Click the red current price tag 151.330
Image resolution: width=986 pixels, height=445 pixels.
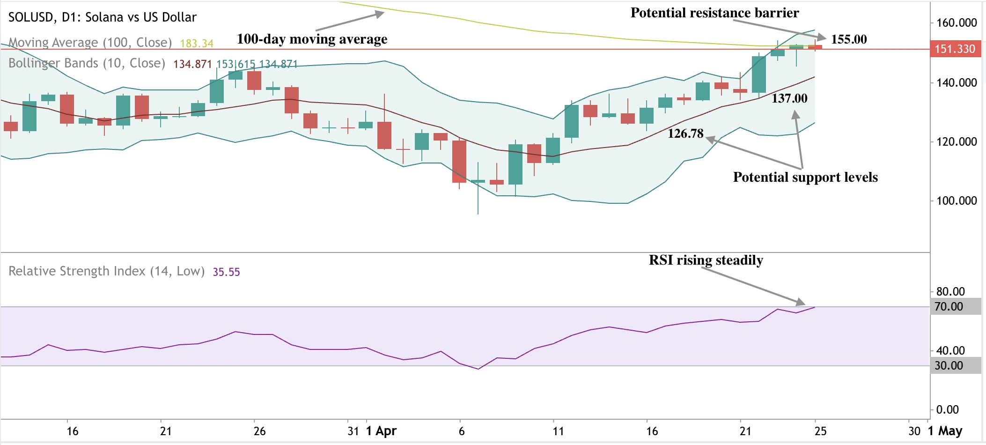click(954, 49)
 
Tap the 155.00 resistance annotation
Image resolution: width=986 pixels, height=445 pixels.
click(849, 39)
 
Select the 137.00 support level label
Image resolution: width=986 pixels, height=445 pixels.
click(789, 98)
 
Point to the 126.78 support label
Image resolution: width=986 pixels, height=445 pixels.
click(685, 133)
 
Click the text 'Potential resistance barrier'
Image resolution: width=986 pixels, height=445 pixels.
click(714, 13)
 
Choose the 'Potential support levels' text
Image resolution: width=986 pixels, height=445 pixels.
click(805, 177)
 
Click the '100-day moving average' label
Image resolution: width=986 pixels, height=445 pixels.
click(312, 39)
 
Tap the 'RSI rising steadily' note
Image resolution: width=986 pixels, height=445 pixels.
click(706, 260)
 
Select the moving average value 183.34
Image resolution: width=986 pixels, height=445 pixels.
click(197, 44)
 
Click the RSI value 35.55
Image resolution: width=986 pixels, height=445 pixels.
click(226, 272)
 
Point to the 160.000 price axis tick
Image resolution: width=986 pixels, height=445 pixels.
click(956, 22)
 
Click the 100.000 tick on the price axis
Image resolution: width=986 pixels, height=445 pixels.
click(956, 200)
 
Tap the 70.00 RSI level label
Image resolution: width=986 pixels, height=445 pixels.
click(949, 307)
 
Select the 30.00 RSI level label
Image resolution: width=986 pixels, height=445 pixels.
click(949, 366)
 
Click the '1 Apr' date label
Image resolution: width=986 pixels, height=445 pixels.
click(381, 431)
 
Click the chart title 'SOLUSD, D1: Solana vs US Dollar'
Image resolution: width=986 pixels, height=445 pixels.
click(103, 17)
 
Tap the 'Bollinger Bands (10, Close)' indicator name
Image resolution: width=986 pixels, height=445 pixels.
click(87, 63)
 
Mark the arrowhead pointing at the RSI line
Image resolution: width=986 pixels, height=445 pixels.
click(801, 302)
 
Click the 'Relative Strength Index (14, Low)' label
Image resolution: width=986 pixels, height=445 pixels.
click(106, 271)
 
